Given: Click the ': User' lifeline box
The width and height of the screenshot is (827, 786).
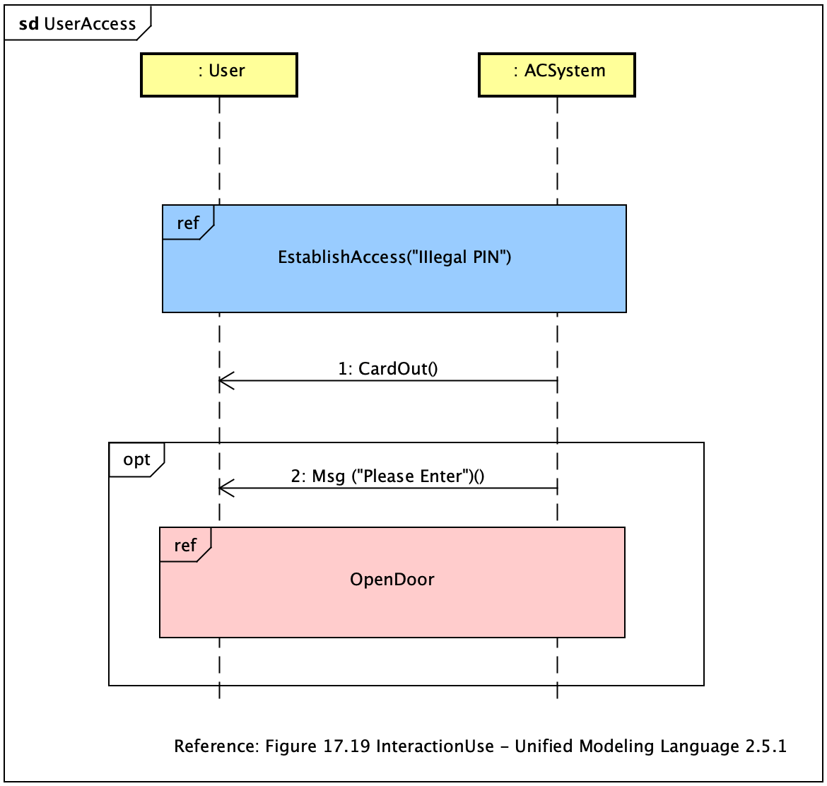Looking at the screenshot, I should pyautogui.click(x=219, y=75).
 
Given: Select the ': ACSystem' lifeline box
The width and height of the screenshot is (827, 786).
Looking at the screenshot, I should pyautogui.click(x=557, y=75).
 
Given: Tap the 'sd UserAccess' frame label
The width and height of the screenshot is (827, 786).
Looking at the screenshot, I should pyautogui.click(x=77, y=24).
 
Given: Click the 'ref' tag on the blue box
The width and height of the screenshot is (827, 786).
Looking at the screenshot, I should pyautogui.click(x=187, y=223).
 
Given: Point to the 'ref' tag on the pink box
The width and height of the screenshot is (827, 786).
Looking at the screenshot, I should pyautogui.click(x=184, y=545).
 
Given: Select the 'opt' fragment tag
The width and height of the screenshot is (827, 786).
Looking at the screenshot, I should pyautogui.click(x=136, y=460).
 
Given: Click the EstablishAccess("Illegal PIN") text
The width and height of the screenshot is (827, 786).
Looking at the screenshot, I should pyautogui.click(x=394, y=257).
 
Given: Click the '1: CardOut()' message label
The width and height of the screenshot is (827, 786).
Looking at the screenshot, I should pyautogui.click(x=388, y=368).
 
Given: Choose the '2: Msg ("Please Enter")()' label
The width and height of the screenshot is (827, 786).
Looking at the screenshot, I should pyautogui.click(x=387, y=476).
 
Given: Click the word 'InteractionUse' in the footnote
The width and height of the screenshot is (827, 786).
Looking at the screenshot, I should pyautogui.click(x=435, y=746).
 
